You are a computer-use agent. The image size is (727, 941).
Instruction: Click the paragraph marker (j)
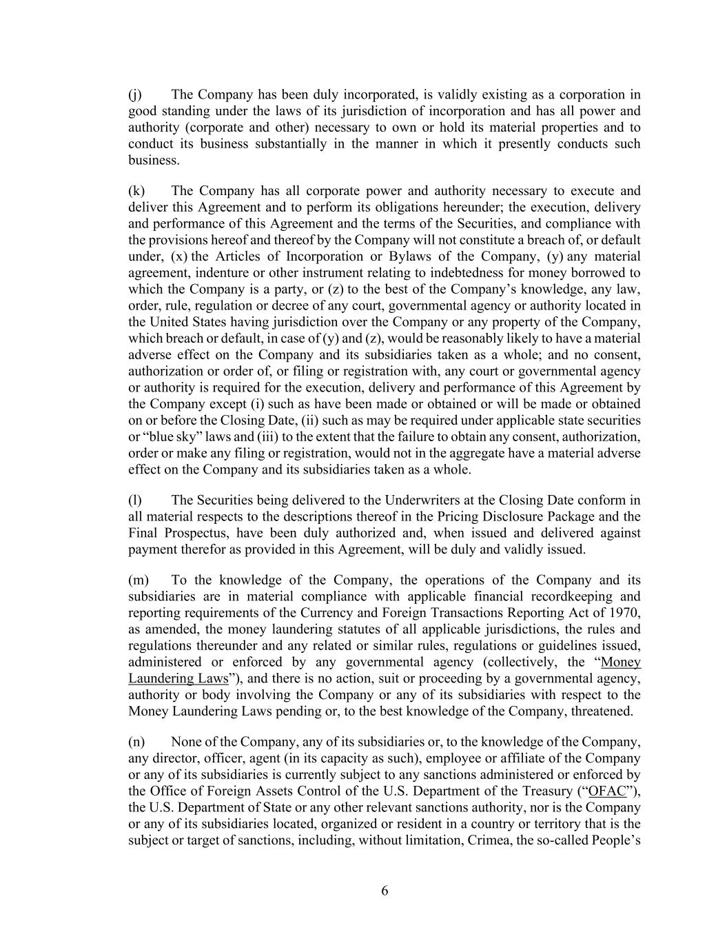tap(135, 94)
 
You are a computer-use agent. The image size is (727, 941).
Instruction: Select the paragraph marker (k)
tap(136, 191)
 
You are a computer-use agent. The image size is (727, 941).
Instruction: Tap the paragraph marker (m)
tap(138, 580)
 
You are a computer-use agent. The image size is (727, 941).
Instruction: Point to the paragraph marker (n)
tap(136, 742)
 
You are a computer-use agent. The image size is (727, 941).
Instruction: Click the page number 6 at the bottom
tap(385, 891)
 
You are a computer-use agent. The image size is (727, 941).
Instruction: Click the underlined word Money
tap(621, 662)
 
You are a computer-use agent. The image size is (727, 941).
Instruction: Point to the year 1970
tap(624, 613)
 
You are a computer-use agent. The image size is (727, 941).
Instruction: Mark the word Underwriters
tap(424, 500)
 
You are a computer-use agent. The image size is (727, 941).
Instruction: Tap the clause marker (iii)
tap(267, 437)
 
